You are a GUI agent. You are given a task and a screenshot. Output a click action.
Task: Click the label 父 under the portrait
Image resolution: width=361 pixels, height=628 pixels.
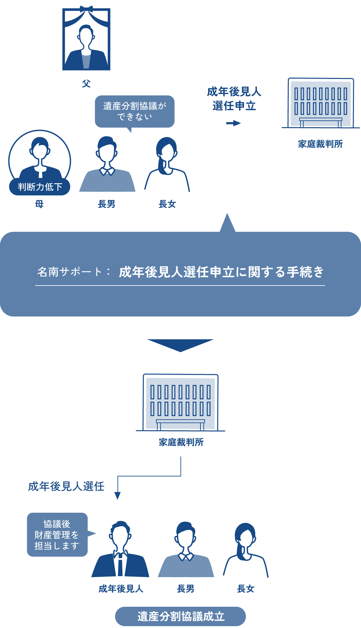click(x=86, y=84)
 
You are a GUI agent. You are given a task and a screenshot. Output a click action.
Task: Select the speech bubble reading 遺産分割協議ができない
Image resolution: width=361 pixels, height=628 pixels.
click(x=135, y=111)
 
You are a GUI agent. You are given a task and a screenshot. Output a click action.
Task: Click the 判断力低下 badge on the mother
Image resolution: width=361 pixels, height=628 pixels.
click(x=40, y=187)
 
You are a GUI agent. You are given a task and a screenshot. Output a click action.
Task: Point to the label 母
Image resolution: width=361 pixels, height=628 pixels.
click(x=39, y=204)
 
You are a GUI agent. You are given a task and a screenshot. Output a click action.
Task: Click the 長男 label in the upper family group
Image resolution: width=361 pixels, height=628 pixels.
click(x=106, y=204)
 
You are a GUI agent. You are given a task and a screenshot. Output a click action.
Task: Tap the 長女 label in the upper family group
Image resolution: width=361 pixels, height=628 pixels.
click(x=167, y=204)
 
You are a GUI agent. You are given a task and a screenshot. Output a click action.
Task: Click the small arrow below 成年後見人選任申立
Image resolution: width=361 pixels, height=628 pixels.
click(x=233, y=123)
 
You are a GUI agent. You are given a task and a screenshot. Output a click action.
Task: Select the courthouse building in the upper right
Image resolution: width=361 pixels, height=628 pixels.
click(x=321, y=103)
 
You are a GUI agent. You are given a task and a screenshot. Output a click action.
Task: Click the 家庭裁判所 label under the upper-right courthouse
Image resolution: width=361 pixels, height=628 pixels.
click(x=320, y=144)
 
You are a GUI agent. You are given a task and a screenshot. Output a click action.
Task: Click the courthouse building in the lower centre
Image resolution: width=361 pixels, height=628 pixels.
click(x=180, y=403)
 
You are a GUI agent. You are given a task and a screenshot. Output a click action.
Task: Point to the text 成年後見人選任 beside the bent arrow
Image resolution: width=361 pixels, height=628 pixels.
click(x=66, y=486)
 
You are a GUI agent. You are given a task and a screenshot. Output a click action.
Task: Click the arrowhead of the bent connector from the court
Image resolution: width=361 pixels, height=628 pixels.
click(x=118, y=496)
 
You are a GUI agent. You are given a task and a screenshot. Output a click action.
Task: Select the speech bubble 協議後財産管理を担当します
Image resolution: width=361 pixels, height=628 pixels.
click(x=57, y=535)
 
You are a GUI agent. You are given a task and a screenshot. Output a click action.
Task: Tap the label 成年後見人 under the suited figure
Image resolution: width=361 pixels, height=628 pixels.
click(x=121, y=589)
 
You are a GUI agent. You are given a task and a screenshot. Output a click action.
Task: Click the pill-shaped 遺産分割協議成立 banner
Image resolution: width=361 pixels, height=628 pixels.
click(x=180, y=616)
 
